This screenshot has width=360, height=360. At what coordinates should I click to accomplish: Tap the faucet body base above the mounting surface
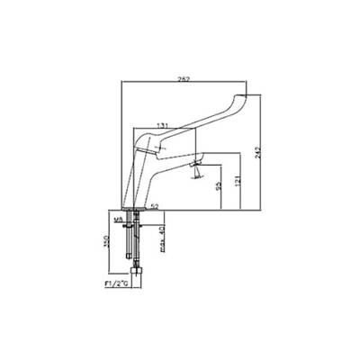132,206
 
